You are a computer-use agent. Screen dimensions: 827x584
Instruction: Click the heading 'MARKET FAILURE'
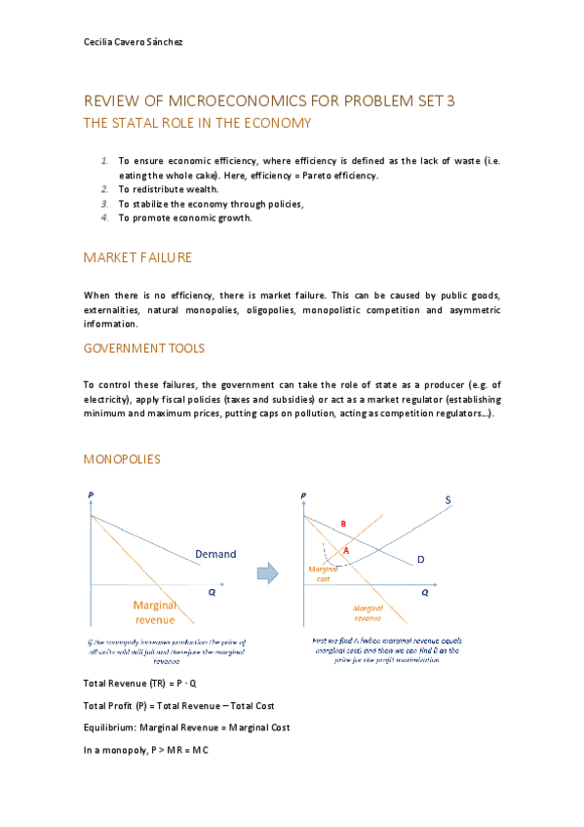(137, 257)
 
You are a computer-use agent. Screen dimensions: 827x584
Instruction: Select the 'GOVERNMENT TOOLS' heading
(143, 348)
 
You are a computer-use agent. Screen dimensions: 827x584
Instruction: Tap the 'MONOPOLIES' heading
(122, 458)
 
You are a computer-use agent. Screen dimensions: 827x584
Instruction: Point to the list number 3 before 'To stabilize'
(105, 204)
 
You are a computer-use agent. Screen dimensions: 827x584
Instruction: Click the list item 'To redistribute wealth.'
(170, 189)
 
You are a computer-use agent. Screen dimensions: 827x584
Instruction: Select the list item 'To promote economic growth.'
(185, 217)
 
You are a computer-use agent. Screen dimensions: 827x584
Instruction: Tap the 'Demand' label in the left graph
(215, 554)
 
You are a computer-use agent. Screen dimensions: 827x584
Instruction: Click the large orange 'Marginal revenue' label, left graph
(154, 612)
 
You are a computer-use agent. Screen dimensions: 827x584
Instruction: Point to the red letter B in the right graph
(343, 525)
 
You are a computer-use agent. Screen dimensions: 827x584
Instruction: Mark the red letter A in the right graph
(346, 551)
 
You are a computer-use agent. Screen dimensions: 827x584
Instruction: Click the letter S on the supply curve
(448, 500)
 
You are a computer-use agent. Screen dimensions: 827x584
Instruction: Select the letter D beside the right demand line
(421, 560)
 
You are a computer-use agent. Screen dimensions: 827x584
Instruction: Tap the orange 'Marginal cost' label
(324, 573)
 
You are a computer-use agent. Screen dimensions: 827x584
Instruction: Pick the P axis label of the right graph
(304, 495)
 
